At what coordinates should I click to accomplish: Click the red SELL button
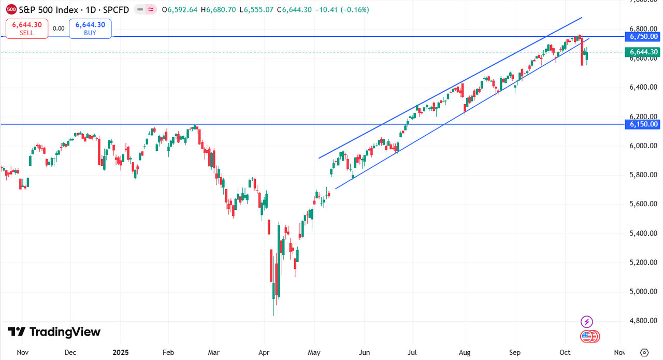(27, 28)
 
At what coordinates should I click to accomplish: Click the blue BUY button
(90, 28)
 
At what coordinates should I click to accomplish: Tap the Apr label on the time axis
(264, 352)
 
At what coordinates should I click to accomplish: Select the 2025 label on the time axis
(120, 352)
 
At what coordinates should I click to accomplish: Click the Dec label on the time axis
(70, 352)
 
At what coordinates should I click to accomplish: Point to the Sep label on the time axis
(514, 352)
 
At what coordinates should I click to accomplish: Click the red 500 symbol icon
(11, 9)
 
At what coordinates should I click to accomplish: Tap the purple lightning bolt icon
(586, 321)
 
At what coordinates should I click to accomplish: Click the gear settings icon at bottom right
(644, 352)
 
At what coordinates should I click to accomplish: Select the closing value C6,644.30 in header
(294, 9)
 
